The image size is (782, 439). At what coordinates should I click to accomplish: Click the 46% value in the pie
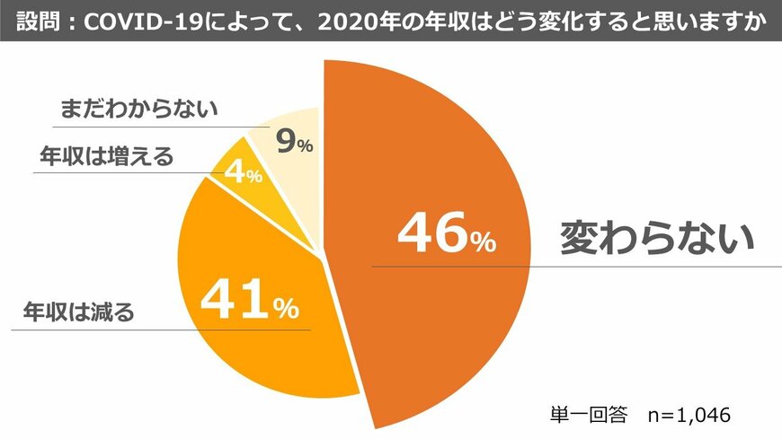point(446,234)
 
